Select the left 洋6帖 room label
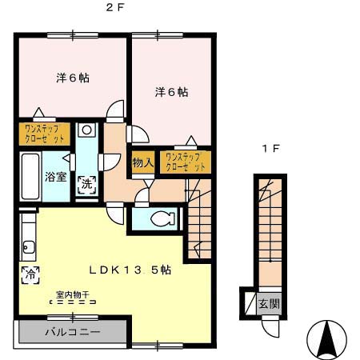[72, 78]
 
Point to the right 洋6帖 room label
[171, 92]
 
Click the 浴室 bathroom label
[55, 176]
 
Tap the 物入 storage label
[142, 162]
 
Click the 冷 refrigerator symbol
[29, 274]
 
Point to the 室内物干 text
[72, 294]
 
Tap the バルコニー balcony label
[72, 330]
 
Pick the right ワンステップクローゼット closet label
[186, 162]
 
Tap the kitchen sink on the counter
[27, 246]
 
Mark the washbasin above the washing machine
[86, 130]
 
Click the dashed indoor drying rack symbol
[73, 303]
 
